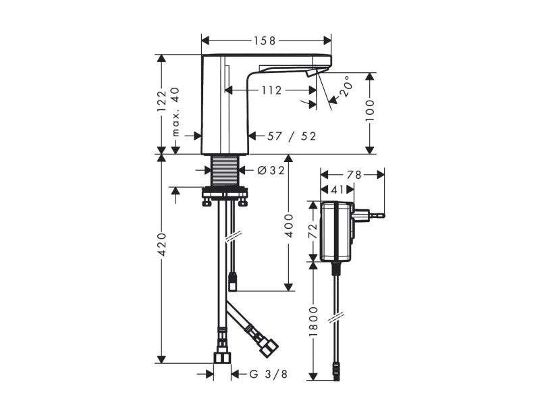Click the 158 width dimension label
tap(265, 41)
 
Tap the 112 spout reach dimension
tap(271, 90)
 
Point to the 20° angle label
tap(346, 86)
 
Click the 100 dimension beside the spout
tap(369, 110)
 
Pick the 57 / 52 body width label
tap(292, 136)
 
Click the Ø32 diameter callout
tap(271, 170)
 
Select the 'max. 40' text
tap(175, 111)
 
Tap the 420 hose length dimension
tap(162, 244)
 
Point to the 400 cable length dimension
tap(289, 225)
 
